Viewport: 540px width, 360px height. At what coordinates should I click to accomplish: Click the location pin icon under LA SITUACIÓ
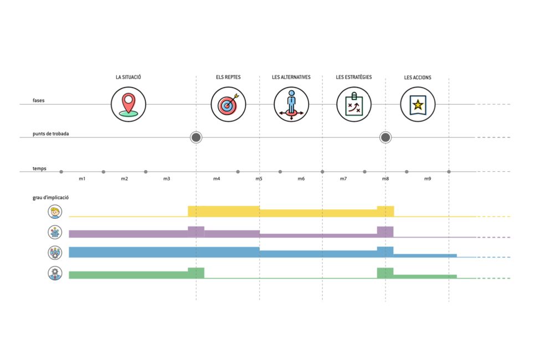tap(128, 104)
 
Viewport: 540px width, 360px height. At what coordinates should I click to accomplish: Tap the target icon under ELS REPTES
tap(228, 104)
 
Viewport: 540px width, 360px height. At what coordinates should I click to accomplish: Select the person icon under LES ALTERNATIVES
tap(291, 104)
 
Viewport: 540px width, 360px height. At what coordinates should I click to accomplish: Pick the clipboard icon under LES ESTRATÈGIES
tap(354, 104)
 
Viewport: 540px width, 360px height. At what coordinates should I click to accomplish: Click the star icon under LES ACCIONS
tap(418, 104)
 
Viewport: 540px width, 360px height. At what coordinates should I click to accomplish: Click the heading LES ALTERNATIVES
tap(291, 77)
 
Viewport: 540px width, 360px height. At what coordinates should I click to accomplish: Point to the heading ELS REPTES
tap(228, 77)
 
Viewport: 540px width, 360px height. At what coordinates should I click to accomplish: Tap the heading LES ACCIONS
tap(418, 78)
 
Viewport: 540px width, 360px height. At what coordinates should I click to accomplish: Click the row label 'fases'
tap(39, 101)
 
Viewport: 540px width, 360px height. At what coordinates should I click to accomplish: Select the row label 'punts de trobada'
tap(51, 134)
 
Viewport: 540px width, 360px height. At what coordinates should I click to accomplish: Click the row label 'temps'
tap(39, 167)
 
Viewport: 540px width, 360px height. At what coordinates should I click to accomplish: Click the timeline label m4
tap(217, 179)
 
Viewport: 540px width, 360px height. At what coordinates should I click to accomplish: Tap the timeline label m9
tap(428, 179)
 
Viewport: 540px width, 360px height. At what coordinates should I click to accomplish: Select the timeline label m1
tap(82, 179)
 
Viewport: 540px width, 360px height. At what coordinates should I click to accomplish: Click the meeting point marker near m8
tap(385, 137)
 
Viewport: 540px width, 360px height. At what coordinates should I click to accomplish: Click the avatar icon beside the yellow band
tap(55, 212)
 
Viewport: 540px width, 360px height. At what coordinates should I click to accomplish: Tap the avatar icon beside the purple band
tap(55, 232)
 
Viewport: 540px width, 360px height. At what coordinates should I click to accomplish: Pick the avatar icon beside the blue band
tap(55, 253)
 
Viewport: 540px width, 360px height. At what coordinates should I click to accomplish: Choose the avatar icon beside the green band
tap(55, 273)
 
